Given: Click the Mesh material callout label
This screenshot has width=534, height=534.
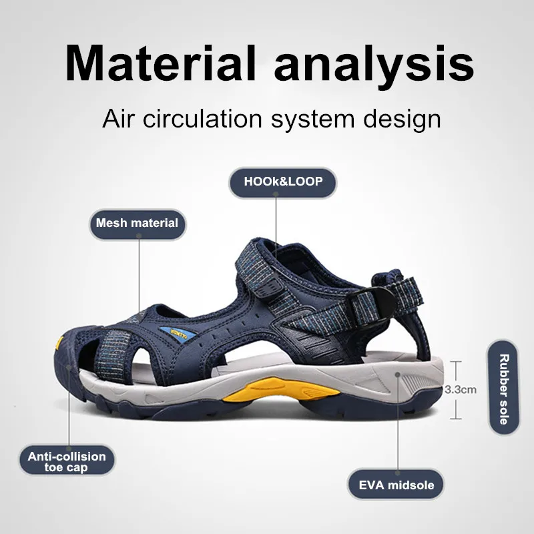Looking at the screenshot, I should coord(138,223).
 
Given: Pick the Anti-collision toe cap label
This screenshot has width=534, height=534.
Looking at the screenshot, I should coord(67,462).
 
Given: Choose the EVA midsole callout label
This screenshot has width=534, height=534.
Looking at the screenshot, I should coord(396,485).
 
